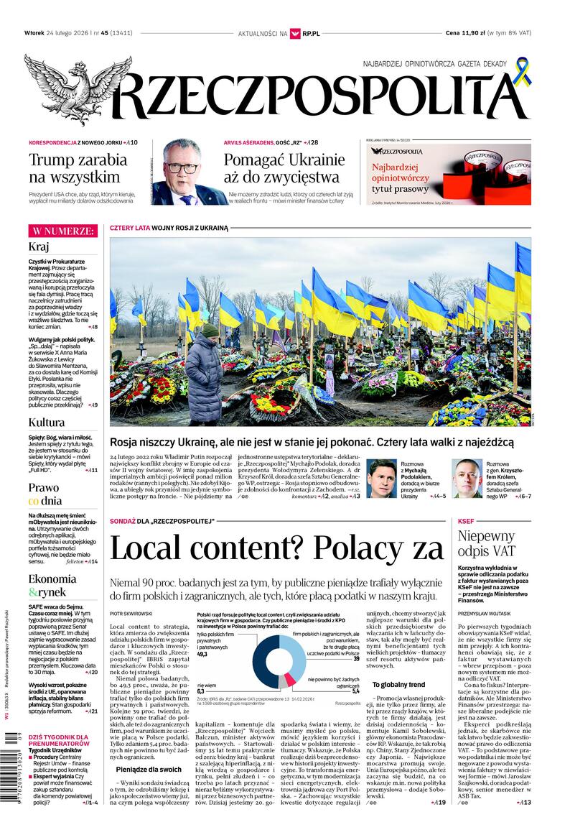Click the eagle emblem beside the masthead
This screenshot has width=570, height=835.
click(x=68, y=90)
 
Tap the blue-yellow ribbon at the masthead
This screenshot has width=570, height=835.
click(x=522, y=72)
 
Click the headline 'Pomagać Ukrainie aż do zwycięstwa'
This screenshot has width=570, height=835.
click(x=284, y=167)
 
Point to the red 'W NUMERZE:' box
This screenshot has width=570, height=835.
click(x=63, y=231)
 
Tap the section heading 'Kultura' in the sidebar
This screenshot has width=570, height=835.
click(x=47, y=422)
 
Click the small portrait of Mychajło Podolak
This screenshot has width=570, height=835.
click(x=382, y=478)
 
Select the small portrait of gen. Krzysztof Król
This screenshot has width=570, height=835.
click(x=467, y=478)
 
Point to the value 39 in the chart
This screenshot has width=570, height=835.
click(x=355, y=658)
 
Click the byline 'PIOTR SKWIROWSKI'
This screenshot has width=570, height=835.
click(x=131, y=613)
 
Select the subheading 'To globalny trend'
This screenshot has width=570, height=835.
click(x=398, y=685)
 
